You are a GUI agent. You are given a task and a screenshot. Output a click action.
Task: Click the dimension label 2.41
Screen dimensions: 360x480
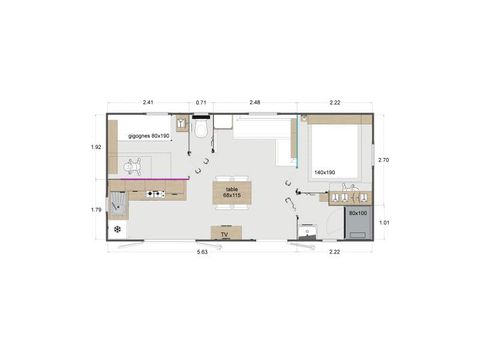(x=148, y=102)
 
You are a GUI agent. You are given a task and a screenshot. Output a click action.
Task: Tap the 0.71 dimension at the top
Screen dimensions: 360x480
(x=201, y=102)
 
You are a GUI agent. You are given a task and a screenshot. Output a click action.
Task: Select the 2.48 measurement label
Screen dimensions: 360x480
(x=255, y=102)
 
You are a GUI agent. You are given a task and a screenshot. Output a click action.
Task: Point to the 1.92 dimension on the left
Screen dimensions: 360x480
(x=97, y=148)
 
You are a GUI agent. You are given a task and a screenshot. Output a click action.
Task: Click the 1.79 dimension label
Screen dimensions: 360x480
(x=97, y=210)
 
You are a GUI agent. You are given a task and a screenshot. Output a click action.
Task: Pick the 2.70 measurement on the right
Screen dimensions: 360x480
(x=383, y=160)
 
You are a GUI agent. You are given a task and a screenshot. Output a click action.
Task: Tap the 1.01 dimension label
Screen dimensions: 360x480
(x=383, y=223)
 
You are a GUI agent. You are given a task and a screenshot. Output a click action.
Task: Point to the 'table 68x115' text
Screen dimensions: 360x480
(x=232, y=192)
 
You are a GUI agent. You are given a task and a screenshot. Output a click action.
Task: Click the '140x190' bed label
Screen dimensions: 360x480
(x=325, y=172)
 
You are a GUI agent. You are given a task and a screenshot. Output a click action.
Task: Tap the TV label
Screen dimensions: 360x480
(x=225, y=234)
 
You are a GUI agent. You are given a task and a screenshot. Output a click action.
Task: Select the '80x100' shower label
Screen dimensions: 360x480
(x=357, y=213)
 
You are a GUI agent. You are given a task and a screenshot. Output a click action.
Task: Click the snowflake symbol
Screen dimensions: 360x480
(x=118, y=230)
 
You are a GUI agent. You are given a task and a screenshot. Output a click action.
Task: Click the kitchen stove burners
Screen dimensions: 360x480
(x=155, y=194)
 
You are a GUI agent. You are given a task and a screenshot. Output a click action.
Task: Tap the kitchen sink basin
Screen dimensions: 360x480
(x=119, y=204)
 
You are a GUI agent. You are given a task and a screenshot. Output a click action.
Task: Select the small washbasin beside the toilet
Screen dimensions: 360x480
(x=182, y=125)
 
